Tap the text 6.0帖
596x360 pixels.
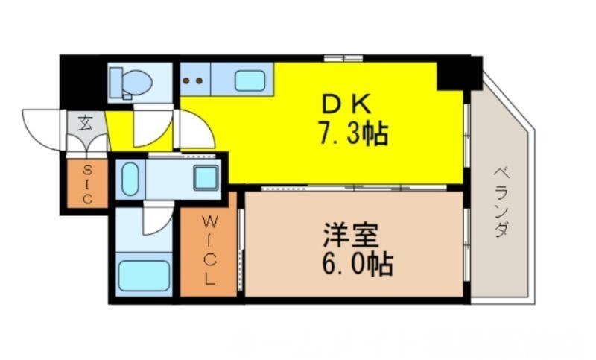[355, 265]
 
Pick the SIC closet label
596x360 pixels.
[86, 183]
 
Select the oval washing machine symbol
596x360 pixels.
[129, 179]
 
